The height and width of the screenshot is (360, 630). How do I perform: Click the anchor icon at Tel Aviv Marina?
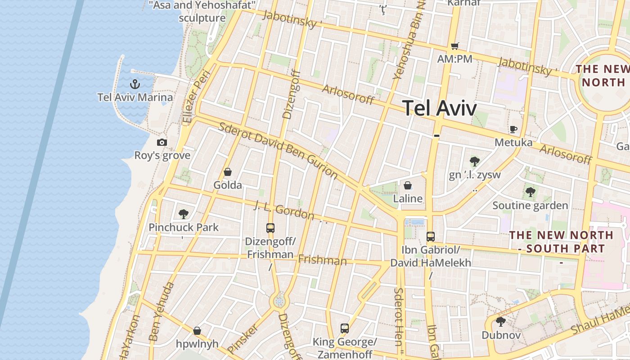click(134, 84)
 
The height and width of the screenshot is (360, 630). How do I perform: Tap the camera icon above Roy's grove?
click(162, 142)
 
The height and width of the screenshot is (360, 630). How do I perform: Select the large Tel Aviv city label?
click(439, 108)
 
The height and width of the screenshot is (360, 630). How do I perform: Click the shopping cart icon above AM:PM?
click(454, 46)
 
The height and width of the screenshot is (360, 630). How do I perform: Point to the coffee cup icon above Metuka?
click(513, 129)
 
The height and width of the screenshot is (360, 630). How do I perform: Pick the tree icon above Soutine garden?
click(531, 192)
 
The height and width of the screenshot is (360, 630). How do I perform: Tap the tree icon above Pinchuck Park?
click(183, 214)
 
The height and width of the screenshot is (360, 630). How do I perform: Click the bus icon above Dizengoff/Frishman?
click(270, 228)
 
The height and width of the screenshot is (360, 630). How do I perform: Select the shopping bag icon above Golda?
click(228, 172)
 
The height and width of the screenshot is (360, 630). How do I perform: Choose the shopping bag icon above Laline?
click(408, 185)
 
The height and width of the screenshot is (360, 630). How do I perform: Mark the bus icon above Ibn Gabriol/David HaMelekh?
click(431, 236)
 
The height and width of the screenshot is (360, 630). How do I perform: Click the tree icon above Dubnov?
click(501, 322)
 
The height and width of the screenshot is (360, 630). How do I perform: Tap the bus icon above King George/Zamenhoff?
click(345, 328)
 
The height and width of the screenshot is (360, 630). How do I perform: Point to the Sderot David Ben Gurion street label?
click(278, 149)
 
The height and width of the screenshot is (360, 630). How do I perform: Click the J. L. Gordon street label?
click(284, 211)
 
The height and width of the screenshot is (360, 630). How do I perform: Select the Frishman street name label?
click(322, 260)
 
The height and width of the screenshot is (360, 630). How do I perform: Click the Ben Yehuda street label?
click(161, 311)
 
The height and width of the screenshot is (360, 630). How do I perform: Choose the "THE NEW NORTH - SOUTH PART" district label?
click(561, 242)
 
